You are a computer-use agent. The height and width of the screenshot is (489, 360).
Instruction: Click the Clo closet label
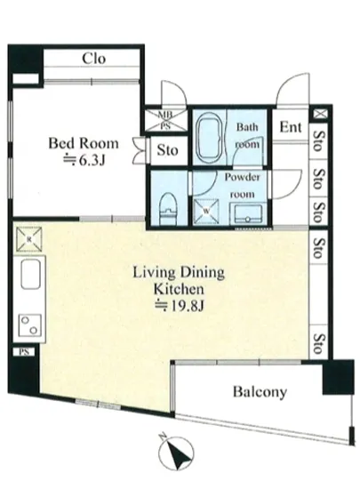(x=94, y=59)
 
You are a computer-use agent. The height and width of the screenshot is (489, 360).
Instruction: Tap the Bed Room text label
(x=84, y=143)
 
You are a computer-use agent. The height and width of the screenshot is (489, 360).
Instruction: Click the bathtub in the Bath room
(x=210, y=138)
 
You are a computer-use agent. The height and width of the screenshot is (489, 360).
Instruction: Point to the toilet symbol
(x=168, y=208)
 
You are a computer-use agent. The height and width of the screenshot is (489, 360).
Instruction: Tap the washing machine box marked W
(x=206, y=212)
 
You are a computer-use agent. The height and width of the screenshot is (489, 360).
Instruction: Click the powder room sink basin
(x=248, y=213)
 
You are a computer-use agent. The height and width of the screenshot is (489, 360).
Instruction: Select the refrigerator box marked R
(x=29, y=239)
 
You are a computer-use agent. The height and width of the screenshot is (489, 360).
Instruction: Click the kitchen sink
(x=30, y=274)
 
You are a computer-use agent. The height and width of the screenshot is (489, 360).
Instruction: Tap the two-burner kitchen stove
(x=30, y=325)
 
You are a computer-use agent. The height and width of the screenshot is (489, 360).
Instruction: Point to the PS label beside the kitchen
(x=24, y=352)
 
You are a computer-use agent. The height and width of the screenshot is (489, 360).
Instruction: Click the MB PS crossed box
(x=166, y=120)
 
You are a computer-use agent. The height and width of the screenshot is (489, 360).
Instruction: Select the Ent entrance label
(x=290, y=127)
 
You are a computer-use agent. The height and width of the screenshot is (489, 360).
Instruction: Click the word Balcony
(x=260, y=392)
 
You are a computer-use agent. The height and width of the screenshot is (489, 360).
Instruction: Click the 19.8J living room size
(x=180, y=306)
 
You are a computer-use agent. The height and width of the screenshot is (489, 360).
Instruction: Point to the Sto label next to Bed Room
(x=168, y=150)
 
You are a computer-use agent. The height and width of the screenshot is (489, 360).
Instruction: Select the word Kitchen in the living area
(x=179, y=290)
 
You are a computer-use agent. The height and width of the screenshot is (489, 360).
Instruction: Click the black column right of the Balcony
(x=338, y=377)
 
